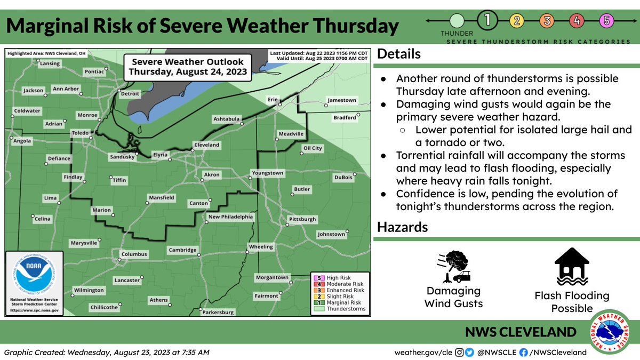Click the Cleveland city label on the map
(x=206, y=145)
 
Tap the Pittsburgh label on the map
(x=302, y=219)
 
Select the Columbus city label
(x=134, y=254)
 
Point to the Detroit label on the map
(x=130, y=94)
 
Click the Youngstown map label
(x=268, y=173)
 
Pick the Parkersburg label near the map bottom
(x=219, y=313)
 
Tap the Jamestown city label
(x=341, y=100)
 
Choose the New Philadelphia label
(x=230, y=217)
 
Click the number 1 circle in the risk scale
(x=487, y=21)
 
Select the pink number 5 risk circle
(x=606, y=21)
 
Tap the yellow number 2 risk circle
(x=517, y=21)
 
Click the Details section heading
(x=399, y=54)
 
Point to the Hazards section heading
(x=402, y=227)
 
